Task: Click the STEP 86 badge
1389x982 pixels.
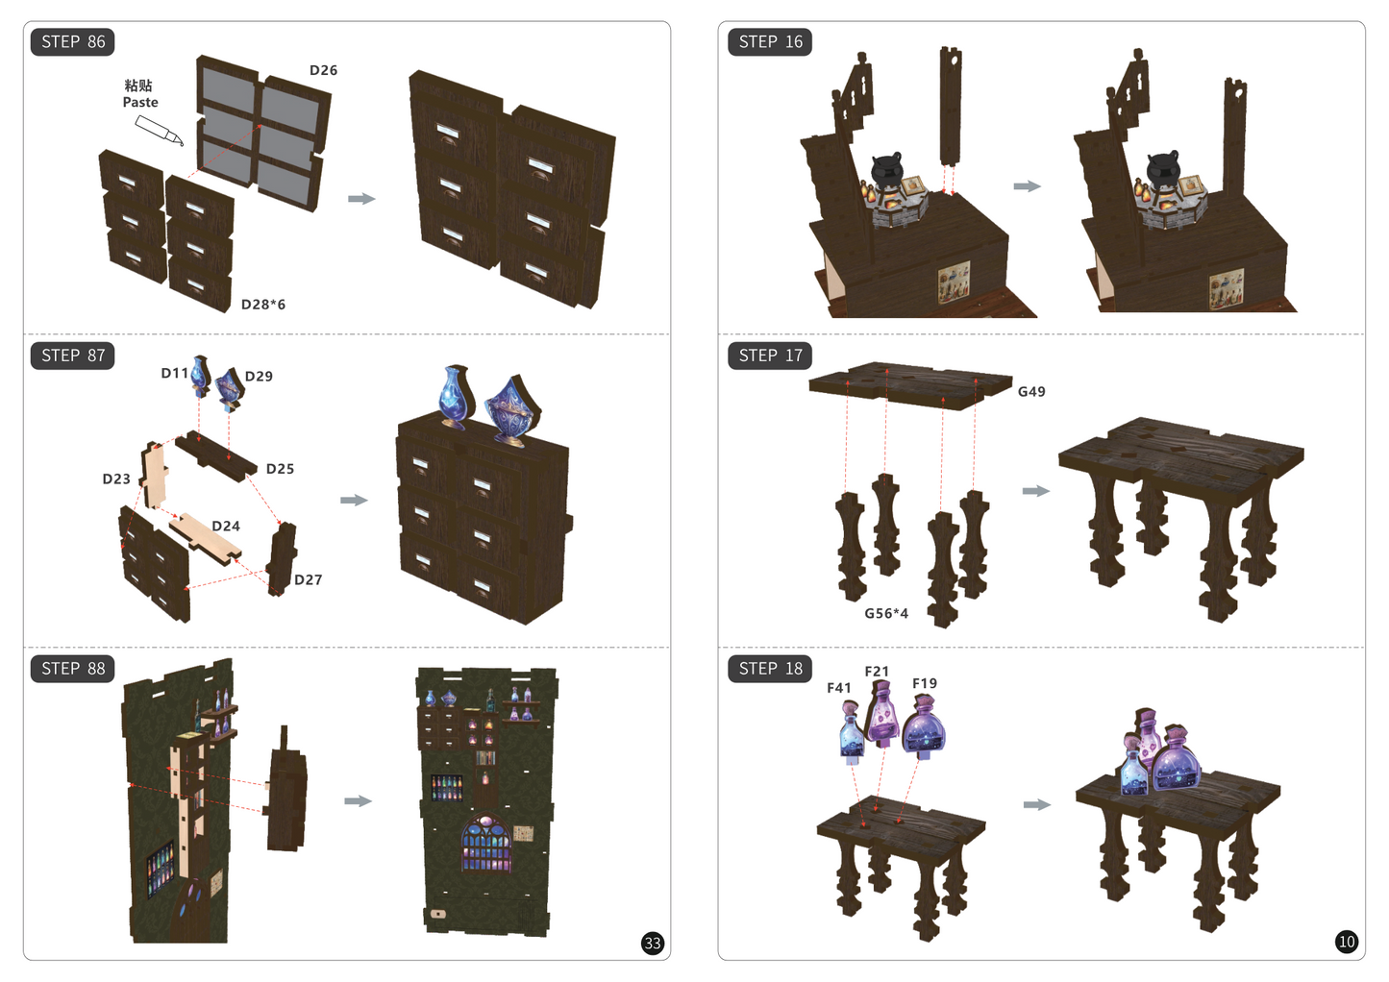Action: [x=72, y=42]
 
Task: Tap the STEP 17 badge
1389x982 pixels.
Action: [x=770, y=356]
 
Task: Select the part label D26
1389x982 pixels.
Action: [x=324, y=71]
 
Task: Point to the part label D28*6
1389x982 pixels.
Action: [x=263, y=305]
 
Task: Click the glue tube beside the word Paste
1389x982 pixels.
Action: [x=160, y=131]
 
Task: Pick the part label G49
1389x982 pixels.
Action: [x=1031, y=392]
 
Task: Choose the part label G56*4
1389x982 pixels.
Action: [x=886, y=614]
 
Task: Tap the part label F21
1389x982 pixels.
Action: [x=877, y=672]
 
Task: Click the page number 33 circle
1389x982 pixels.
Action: [x=653, y=943]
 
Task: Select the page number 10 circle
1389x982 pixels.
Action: [x=1346, y=942]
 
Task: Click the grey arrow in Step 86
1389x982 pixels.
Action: [x=361, y=198]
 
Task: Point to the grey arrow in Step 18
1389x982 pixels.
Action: [x=1037, y=804]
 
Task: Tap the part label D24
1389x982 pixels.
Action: [x=226, y=527]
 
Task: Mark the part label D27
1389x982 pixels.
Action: [x=309, y=580]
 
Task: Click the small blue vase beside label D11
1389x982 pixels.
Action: [x=200, y=375]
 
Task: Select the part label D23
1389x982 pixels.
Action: [x=116, y=479]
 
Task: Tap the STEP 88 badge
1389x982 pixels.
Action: [x=72, y=669]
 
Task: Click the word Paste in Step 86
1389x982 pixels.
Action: [x=140, y=102]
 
